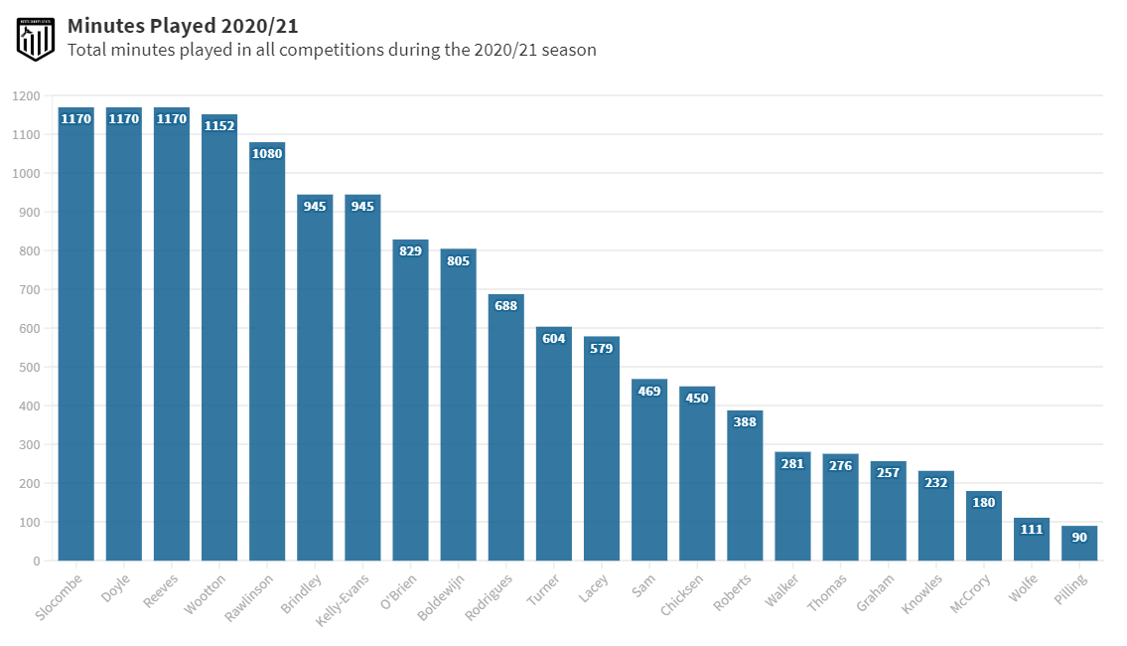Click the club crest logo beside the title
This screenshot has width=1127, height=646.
point(35,38)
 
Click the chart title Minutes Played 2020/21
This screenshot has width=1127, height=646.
point(183,26)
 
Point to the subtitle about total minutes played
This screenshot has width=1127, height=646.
point(332,50)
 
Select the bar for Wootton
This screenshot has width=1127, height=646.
point(219,338)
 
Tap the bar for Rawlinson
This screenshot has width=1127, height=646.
point(267,352)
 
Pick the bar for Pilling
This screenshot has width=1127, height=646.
point(1079,544)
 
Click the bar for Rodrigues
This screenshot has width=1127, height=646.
point(505,427)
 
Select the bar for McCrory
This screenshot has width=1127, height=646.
point(984,526)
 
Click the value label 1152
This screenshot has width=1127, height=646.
point(219,125)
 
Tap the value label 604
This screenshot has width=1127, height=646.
point(553,339)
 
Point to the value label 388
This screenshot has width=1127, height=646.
point(745,421)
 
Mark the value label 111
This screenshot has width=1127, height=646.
point(1032,529)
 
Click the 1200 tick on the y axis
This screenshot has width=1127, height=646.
point(27,96)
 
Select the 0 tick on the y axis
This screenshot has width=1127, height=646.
point(37,562)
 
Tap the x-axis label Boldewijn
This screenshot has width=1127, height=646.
point(443,596)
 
